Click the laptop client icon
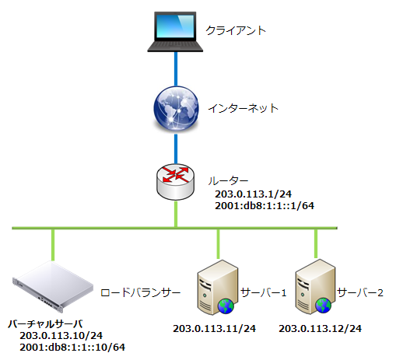click(x=175, y=32)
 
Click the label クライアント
click(x=236, y=30)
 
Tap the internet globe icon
click(x=176, y=108)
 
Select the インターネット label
click(x=243, y=108)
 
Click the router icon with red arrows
click(x=176, y=182)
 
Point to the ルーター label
click(x=228, y=180)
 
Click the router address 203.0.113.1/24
click(x=253, y=194)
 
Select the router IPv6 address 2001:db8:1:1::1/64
click(x=265, y=205)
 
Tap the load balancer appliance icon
click(x=53, y=286)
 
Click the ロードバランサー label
click(x=140, y=293)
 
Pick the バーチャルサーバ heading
click(x=45, y=324)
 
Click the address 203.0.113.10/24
click(x=61, y=336)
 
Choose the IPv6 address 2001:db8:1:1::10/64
click(x=72, y=348)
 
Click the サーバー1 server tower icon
click(x=217, y=287)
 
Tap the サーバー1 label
click(x=264, y=292)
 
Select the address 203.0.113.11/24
click(x=214, y=329)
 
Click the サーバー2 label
click(x=360, y=292)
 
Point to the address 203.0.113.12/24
click(x=320, y=329)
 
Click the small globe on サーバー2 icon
click(x=324, y=306)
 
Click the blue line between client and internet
click(x=176, y=69)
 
